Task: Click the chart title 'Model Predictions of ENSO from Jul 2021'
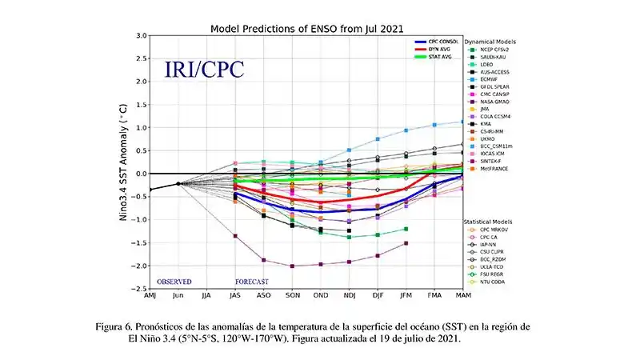pos(306,28)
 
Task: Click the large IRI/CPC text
pos(204,69)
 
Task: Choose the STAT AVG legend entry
pos(440,57)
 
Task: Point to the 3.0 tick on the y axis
pos(141,36)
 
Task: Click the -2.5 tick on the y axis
pos(139,289)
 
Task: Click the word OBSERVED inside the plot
pos(174,282)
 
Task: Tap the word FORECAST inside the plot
pos(251,282)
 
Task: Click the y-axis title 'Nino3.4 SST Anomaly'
pos(126,162)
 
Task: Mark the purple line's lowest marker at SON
pos(292,266)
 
